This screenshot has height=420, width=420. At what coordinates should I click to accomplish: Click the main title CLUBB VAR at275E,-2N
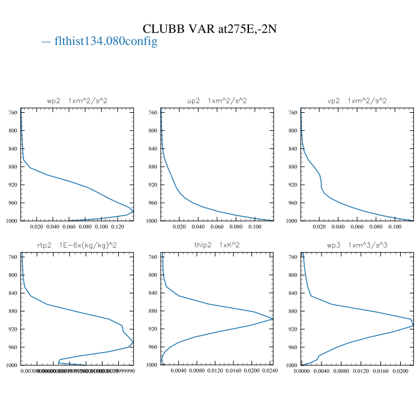click(209, 29)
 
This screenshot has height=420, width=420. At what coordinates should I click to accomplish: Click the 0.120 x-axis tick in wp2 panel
click(118, 227)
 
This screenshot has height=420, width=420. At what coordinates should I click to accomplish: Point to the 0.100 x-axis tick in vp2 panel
click(395, 227)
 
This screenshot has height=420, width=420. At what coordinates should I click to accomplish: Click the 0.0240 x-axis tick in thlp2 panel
click(270, 371)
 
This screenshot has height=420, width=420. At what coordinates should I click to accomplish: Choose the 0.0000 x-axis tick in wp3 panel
click(302, 371)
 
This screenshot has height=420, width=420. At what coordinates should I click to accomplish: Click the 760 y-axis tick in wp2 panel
click(12, 112)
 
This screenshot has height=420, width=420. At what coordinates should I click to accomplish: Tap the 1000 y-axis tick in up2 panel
click(151, 221)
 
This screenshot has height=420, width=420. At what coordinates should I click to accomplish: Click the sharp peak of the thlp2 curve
click(273, 319)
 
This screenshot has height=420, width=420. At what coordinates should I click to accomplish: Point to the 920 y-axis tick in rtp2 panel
click(12, 329)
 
